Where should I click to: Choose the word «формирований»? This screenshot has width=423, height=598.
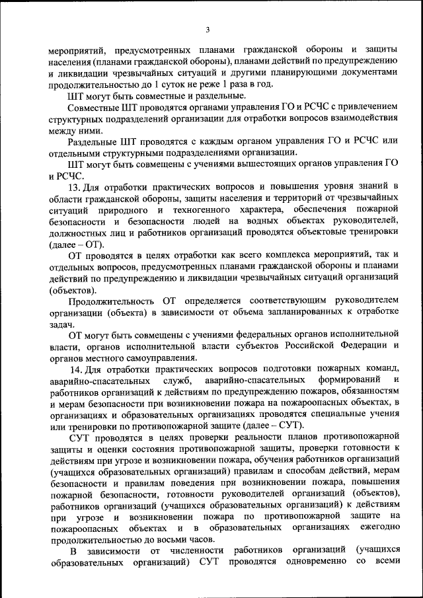pos(345,380)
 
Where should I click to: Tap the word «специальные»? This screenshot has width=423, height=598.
pos(339,414)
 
